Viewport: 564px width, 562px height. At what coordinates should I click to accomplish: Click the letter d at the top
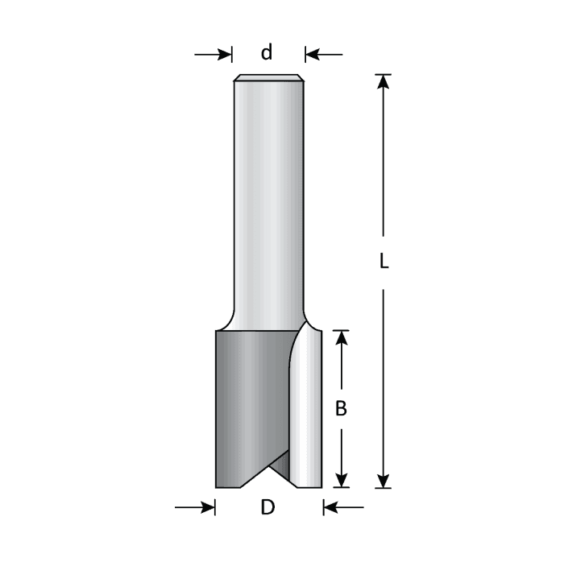[267, 54]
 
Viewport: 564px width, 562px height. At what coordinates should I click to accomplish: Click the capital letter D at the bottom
[267, 507]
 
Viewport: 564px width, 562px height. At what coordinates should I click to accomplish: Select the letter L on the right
[384, 262]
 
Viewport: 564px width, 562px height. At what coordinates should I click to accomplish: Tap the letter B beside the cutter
[341, 409]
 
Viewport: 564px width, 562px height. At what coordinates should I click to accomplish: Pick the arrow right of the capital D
[343, 507]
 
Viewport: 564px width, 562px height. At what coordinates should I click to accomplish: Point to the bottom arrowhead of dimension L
[384, 480]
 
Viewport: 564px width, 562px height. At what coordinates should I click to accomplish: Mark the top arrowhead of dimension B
[341, 337]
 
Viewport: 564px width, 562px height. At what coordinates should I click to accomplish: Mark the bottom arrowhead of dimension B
[341, 480]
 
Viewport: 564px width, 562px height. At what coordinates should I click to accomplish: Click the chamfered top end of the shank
[267, 79]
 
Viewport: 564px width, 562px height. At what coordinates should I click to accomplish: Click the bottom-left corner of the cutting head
[217, 486]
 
